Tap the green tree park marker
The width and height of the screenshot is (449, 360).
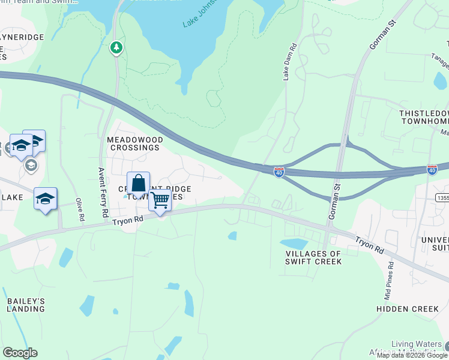pyautogui.click(x=116, y=47)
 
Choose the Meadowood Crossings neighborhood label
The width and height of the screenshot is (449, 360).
pyautogui.click(x=134, y=143)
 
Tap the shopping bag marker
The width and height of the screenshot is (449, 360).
pyautogui.click(x=138, y=185)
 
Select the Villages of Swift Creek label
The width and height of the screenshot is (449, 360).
pyautogui.click(x=313, y=257)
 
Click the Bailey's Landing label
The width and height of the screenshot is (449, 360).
pyautogui.click(x=26, y=304)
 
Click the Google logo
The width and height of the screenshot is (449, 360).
pyautogui.click(x=20, y=352)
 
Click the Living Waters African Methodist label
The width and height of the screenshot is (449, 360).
pyautogui.click(x=414, y=347)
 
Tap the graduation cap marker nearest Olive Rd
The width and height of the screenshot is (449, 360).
pyautogui.click(x=45, y=198)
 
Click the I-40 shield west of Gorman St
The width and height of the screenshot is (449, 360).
pyautogui.click(x=279, y=172)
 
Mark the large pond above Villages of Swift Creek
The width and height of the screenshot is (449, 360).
pyautogui.click(x=294, y=244)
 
